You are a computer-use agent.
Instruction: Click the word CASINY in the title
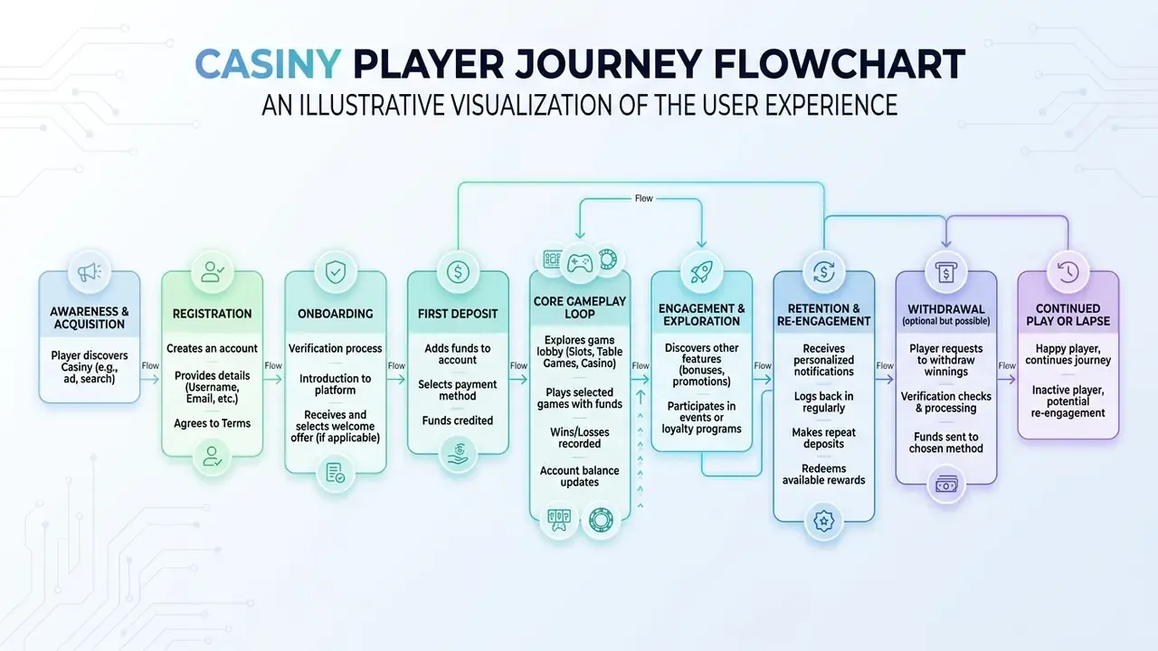pyautogui.click(x=268, y=64)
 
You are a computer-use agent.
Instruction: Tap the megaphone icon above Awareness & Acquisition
pyautogui.click(x=90, y=272)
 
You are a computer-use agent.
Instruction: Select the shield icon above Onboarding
pyautogui.click(x=336, y=272)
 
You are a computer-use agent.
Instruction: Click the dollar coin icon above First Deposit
pyautogui.click(x=458, y=272)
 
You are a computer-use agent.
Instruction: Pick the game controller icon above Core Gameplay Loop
pyautogui.click(x=580, y=263)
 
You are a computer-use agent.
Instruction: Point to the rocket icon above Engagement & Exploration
pyautogui.click(x=701, y=272)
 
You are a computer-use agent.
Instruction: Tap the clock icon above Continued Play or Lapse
pyautogui.click(x=1068, y=272)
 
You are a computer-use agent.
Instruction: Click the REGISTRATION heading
pyautogui.click(x=212, y=314)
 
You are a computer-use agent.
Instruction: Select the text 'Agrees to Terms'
pyautogui.click(x=212, y=423)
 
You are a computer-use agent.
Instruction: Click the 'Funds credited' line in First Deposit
pyautogui.click(x=458, y=420)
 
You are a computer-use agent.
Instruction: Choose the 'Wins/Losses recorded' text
pyautogui.click(x=580, y=438)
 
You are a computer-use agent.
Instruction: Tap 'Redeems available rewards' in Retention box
pyautogui.click(x=823, y=475)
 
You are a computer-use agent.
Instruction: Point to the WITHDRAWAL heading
pyautogui.click(x=946, y=309)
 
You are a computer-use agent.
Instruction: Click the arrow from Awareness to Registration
pyautogui.click(x=150, y=379)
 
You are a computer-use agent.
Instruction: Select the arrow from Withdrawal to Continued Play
pyautogui.click(x=1007, y=379)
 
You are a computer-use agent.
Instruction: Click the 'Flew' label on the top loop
pyautogui.click(x=643, y=198)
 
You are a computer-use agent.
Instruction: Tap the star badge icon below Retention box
pyautogui.click(x=823, y=521)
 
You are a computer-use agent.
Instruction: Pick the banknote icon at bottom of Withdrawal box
pyautogui.click(x=946, y=486)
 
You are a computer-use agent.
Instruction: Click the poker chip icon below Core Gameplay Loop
pyautogui.click(x=601, y=520)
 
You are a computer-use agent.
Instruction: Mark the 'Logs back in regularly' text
pyautogui.click(x=823, y=402)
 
